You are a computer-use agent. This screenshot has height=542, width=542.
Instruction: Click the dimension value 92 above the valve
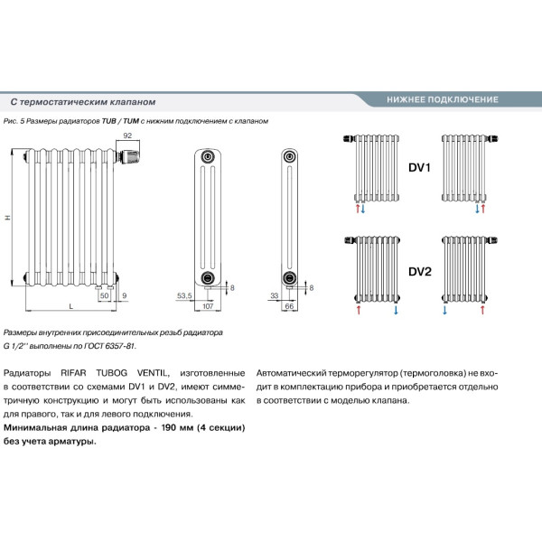pos(127,135)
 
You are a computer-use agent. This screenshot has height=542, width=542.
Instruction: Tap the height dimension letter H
pos(7,218)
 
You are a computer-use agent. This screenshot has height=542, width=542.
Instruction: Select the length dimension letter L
pos(71,308)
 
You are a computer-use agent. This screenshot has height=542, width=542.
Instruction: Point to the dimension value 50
pos(104,295)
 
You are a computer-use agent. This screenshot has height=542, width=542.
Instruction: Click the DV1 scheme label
pos(420,167)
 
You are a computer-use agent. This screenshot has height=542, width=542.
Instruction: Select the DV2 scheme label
pos(420,271)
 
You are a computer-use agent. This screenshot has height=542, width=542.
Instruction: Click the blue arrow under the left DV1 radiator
pos(363,208)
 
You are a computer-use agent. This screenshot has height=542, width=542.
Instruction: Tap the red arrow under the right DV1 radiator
pos(484,208)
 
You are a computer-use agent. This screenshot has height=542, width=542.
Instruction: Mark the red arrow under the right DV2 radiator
pos(484,310)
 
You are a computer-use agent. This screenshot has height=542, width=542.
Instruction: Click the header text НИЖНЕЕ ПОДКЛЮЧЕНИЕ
pos(442,98)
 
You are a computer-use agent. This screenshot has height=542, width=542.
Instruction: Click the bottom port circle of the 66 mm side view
pos(290,276)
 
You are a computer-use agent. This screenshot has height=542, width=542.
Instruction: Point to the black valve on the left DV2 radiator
pos(350,240)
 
